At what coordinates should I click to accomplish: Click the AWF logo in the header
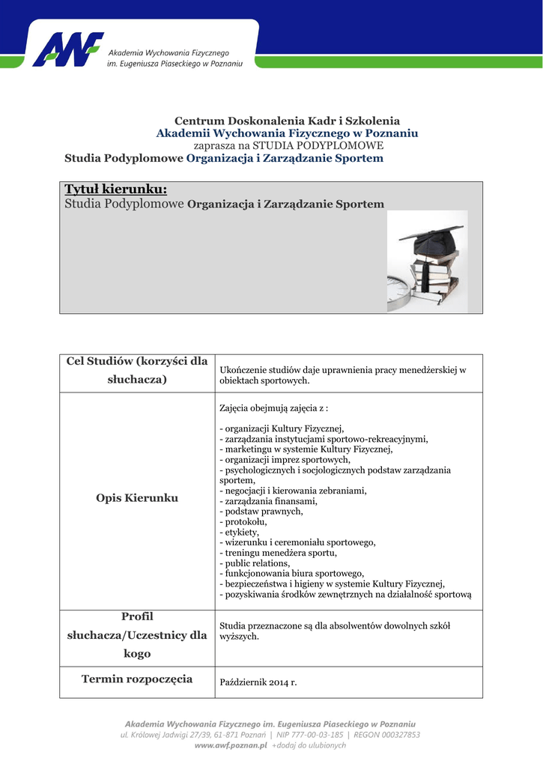(x=67, y=50)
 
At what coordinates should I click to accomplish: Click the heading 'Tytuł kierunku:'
(x=115, y=189)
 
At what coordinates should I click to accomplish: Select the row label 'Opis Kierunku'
(x=137, y=498)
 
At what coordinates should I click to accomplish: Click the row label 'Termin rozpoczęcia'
(x=137, y=679)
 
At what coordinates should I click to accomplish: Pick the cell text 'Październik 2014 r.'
(x=258, y=682)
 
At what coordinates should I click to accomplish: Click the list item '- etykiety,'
(x=239, y=532)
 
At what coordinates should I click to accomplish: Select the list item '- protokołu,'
(x=243, y=521)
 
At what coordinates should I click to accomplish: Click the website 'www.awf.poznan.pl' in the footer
(x=231, y=746)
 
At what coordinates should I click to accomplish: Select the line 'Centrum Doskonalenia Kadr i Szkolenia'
(x=287, y=121)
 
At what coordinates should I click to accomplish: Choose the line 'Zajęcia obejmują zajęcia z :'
(x=273, y=409)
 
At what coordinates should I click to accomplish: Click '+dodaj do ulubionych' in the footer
(x=309, y=746)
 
